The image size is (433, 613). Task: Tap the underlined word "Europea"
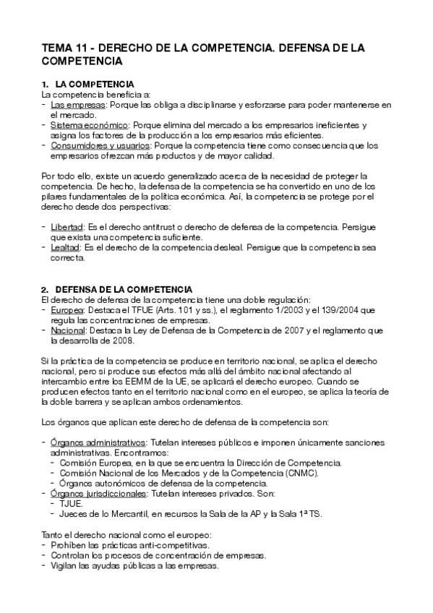67,310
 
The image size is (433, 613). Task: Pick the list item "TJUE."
72,503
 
